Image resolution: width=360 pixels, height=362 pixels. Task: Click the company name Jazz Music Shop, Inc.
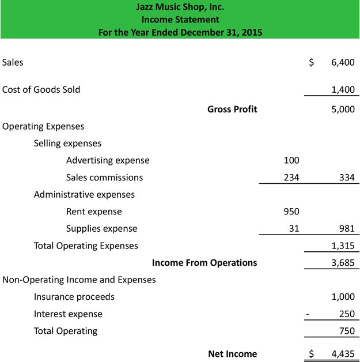pyautogui.click(x=180, y=7)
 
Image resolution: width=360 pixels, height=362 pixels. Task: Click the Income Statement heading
pyautogui.click(x=180, y=20)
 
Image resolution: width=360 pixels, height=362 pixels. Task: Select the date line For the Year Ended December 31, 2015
pyautogui.click(x=180, y=32)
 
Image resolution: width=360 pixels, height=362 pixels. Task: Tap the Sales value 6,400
pyautogui.click(x=343, y=62)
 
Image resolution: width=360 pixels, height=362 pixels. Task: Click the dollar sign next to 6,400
pyautogui.click(x=312, y=62)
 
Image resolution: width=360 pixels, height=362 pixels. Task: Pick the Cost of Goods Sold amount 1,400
pyautogui.click(x=343, y=89)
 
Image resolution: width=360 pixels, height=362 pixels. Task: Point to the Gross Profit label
pyautogui.click(x=232, y=109)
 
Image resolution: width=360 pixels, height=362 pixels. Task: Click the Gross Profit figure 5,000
pyautogui.click(x=343, y=109)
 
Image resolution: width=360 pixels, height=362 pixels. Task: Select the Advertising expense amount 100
pyautogui.click(x=291, y=160)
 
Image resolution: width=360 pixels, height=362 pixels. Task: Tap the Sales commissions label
pyautogui.click(x=104, y=178)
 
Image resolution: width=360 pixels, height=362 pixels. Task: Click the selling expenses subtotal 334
pyautogui.click(x=347, y=178)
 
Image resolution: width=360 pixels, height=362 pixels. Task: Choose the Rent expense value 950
pyautogui.click(x=291, y=212)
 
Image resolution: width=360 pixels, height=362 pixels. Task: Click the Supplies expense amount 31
pyautogui.click(x=294, y=229)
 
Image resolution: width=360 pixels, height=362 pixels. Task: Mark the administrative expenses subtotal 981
pyautogui.click(x=347, y=229)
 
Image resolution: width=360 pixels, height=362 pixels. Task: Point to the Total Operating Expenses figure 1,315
pyautogui.click(x=343, y=246)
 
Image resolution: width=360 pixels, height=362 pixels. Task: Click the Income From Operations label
pyautogui.click(x=204, y=263)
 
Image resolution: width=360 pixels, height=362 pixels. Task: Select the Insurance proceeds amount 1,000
pyautogui.click(x=343, y=297)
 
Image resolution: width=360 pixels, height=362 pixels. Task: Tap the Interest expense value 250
pyautogui.click(x=347, y=314)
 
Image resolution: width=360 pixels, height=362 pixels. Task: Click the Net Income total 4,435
pyautogui.click(x=343, y=354)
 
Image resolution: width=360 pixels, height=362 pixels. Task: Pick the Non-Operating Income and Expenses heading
pyautogui.click(x=79, y=280)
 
